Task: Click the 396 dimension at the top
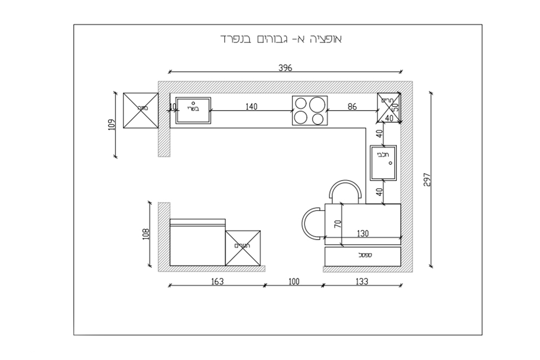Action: (285, 68)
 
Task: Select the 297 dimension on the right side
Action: (427, 179)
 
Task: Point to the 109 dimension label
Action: (112, 125)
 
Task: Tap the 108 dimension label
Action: (145, 234)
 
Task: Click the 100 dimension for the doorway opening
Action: (293, 281)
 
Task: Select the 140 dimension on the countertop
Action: (251, 107)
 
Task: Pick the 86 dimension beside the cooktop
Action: (352, 107)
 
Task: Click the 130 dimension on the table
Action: (362, 234)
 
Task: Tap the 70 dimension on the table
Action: (337, 223)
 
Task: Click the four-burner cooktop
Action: (309, 111)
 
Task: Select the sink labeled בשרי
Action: (193, 111)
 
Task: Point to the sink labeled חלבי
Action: (383, 162)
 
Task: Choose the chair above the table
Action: (345, 192)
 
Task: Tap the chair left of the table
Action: (313, 223)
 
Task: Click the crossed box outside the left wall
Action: (140, 111)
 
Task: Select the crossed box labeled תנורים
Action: (242, 248)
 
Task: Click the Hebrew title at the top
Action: (281, 40)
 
